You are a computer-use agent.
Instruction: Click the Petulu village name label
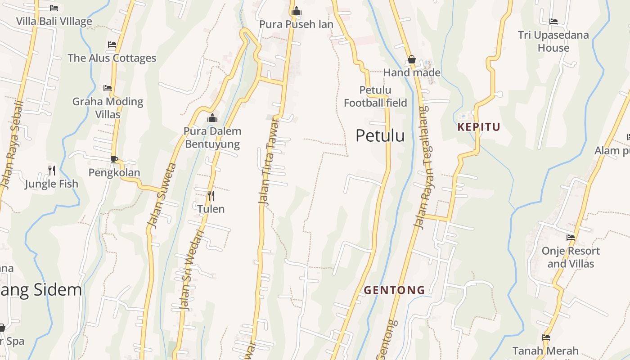[x=380, y=135]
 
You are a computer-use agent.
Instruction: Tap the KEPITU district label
[x=478, y=127]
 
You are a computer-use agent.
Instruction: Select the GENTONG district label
[x=394, y=290]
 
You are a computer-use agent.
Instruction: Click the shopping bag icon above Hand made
[x=411, y=59]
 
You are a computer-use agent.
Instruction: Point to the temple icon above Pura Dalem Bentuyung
[x=212, y=118]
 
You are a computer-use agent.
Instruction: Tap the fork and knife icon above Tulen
[x=211, y=195]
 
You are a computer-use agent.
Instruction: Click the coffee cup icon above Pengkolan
[x=114, y=159]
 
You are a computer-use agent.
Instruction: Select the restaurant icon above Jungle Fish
[x=52, y=170]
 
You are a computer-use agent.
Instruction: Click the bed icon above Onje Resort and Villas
[x=571, y=238]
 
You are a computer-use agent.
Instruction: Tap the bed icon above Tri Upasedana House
[x=553, y=22]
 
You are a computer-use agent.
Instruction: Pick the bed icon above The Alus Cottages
[x=112, y=45]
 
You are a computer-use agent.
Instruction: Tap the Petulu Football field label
[x=375, y=97]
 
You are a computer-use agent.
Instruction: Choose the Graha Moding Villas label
[x=108, y=108]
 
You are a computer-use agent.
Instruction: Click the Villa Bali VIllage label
[x=54, y=21]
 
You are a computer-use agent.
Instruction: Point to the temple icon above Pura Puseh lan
[x=296, y=11]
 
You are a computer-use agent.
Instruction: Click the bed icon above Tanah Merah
[x=546, y=337]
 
